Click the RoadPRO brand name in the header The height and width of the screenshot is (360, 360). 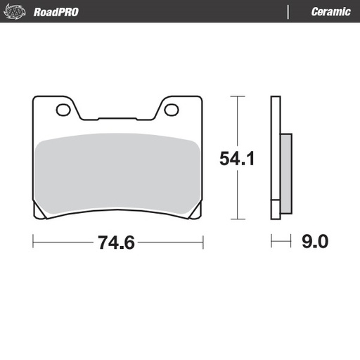tap(56, 12)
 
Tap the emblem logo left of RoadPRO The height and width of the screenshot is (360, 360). tap(17, 11)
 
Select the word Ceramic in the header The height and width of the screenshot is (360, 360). tap(330, 12)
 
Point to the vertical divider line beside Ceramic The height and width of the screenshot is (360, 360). tap(288, 12)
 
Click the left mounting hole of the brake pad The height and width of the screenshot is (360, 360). tap(63, 110)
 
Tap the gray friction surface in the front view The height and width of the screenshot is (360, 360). tap(118, 173)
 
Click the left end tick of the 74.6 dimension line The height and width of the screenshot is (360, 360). tap(33, 243)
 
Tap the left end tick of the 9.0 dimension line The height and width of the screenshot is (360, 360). tap(272, 243)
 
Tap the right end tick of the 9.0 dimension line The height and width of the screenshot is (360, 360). tap(291, 243)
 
